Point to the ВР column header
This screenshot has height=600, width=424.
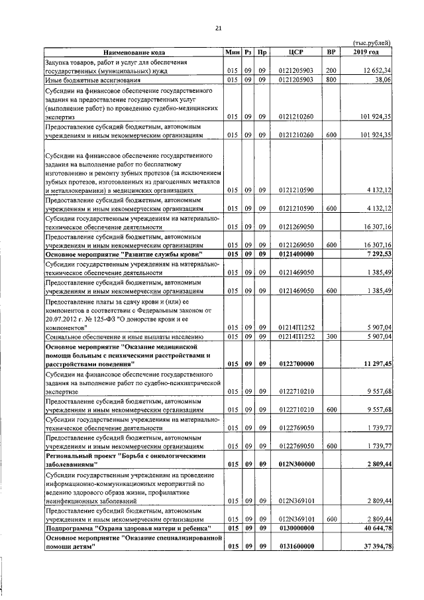click(x=331, y=52)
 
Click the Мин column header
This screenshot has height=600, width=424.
click(x=232, y=52)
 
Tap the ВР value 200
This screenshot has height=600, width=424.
click(x=331, y=70)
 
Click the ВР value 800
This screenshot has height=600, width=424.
click(x=331, y=80)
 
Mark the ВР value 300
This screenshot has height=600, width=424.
click(x=331, y=337)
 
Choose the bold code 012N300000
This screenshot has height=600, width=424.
click(x=295, y=465)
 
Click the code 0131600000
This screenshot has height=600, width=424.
click(x=295, y=546)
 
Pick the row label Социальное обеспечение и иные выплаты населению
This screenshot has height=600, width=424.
click(x=116, y=337)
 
